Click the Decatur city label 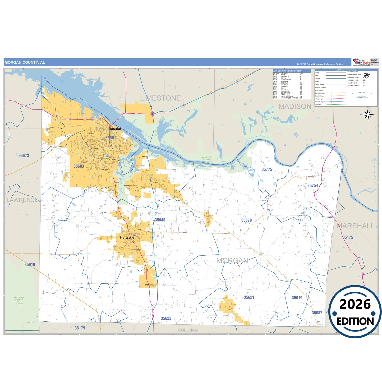[115, 129]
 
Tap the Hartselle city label [127, 237]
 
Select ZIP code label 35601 [111, 138]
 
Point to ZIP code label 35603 [79, 166]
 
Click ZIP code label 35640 [160, 220]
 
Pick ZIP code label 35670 [246, 220]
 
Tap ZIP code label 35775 [267, 169]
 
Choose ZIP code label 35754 [313, 186]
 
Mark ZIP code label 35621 [249, 297]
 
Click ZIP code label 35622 [166, 318]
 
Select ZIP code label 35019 [297, 298]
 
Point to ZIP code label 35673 [24, 156]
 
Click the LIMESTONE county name [160, 98]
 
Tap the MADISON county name [295, 107]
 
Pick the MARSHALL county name [356, 226]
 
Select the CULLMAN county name [188, 330]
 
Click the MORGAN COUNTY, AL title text [25, 63]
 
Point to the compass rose [368, 115]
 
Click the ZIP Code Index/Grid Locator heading [287, 71]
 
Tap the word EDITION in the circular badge [355, 321]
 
